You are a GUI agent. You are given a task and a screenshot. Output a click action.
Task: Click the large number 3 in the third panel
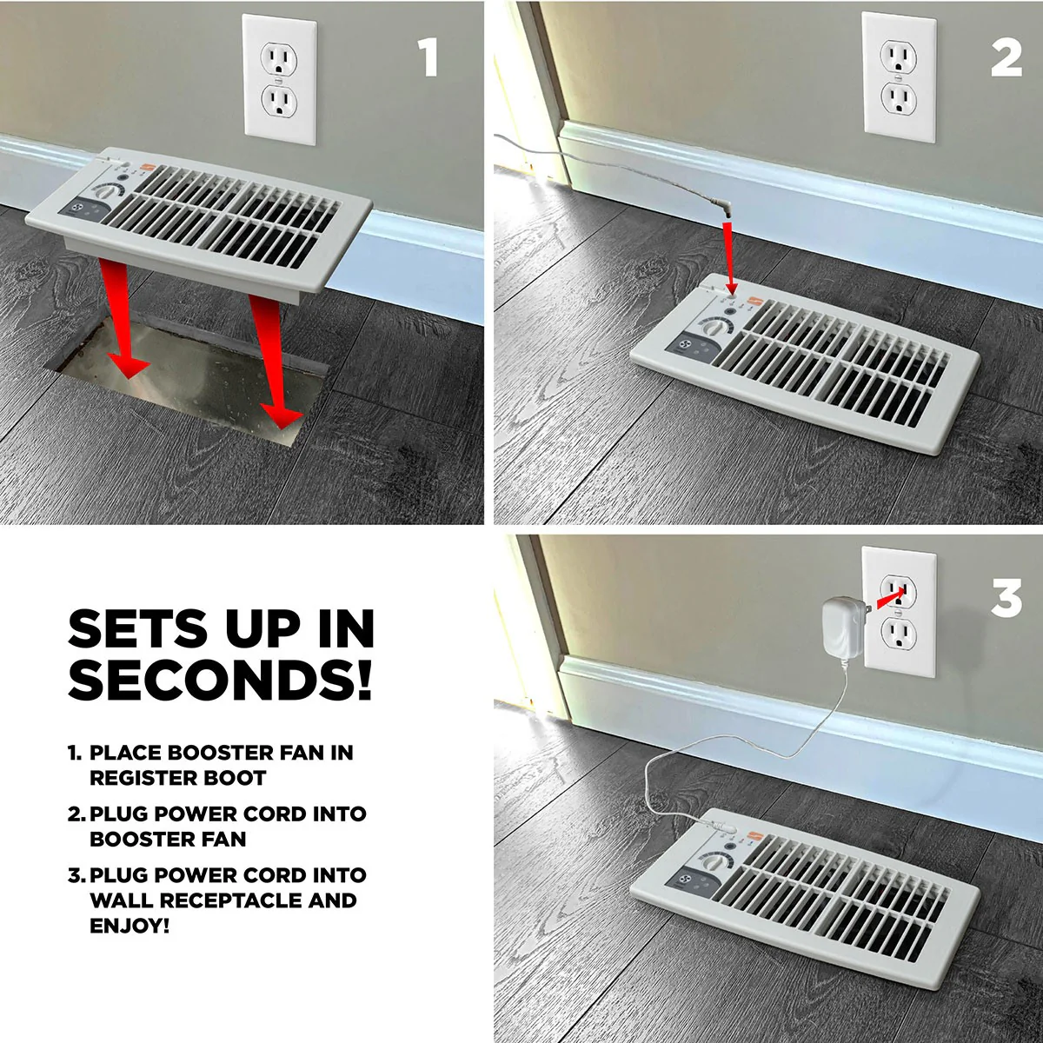(1006, 597)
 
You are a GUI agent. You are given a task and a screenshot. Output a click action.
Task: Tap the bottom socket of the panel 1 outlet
(279, 100)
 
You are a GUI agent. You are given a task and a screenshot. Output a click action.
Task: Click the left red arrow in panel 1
(124, 319)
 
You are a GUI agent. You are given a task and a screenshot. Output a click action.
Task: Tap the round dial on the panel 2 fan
(713, 328)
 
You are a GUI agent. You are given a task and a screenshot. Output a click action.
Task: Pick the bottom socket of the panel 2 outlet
(899, 98)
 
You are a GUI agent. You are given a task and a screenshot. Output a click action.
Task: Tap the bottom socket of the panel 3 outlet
(899, 632)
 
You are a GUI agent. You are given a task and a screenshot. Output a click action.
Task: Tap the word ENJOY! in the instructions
(130, 926)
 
